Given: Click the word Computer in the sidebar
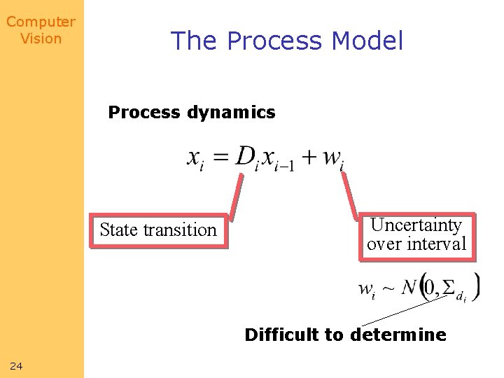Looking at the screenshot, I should pyautogui.click(x=41, y=22).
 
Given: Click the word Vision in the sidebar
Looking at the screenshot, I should pyautogui.click(x=41, y=38).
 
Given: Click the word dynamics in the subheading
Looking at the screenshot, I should pyautogui.click(x=232, y=112).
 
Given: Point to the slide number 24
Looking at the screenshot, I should pyautogui.click(x=17, y=365).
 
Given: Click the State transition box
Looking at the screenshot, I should pyautogui.click(x=158, y=230).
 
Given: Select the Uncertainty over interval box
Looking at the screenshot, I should pyautogui.click(x=416, y=236).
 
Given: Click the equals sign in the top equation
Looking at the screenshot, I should pyautogui.click(x=221, y=158).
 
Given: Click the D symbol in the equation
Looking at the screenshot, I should pyautogui.click(x=244, y=157).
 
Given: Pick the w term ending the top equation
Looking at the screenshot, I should pyautogui.click(x=333, y=159).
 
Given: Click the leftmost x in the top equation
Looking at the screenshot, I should pyautogui.click(x=195, y=159).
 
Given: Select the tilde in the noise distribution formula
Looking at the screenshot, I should pyautogui.click(x=388, y=287).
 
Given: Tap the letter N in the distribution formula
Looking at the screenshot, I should pyautogui.click(x=408, y=286).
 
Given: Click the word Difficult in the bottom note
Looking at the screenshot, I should pyautogui.click(x=283, y=335).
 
